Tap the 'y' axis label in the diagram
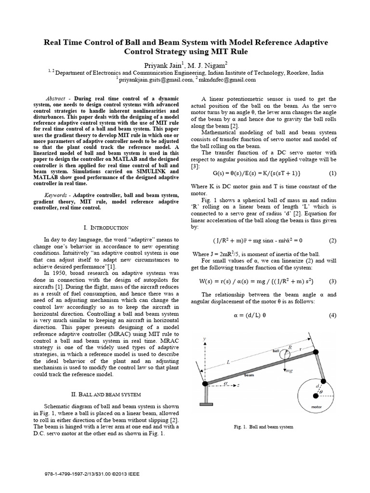pyautogui.click(x=204, y=338)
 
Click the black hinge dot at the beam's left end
pyautogui.click(x=205, y=384)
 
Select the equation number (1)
pyautogui.click(x=332, y=172)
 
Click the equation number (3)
pyautogui.click(x=332, y=281)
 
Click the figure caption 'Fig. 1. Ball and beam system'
pyautogui.click(x=264, y=427)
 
